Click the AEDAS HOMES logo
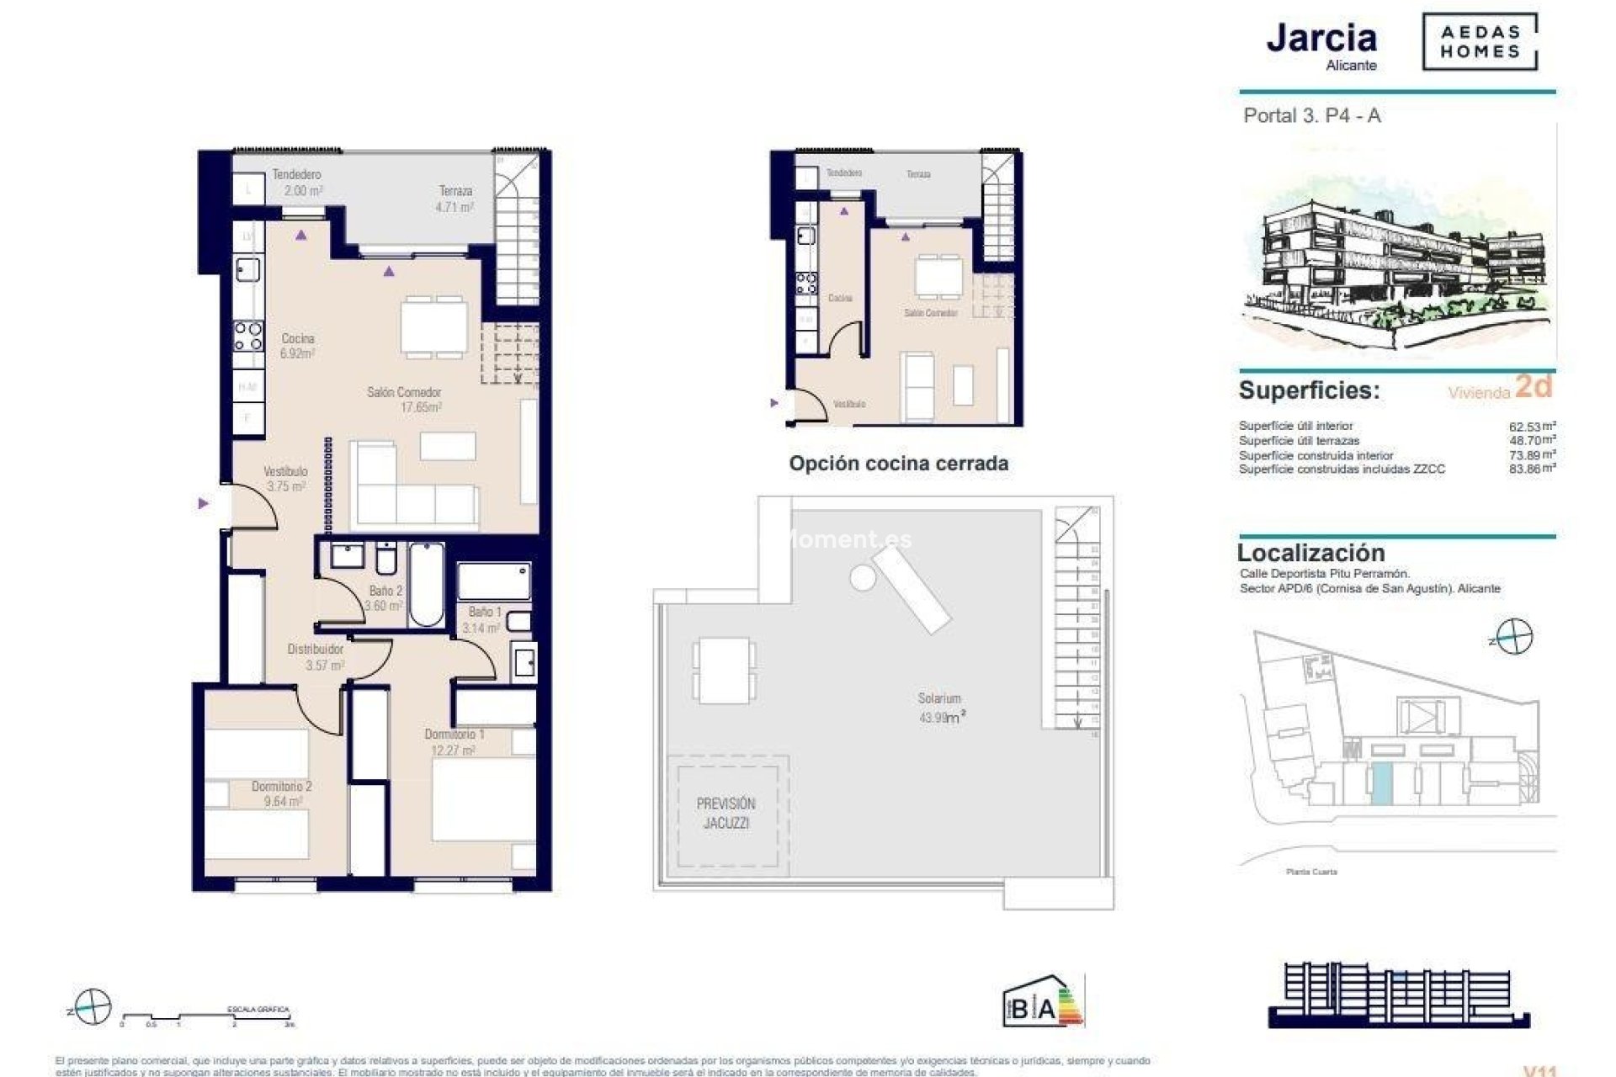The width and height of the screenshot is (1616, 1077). pyautogui.click(x=1479, y=42)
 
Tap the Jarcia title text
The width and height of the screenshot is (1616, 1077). pyautogui.click(x=1321, y=39)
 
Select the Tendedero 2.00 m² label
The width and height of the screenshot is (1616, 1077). pyautogui.click(x=296, y=183)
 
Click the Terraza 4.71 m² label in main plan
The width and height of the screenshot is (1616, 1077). pyautogui.click(x=455, y=199)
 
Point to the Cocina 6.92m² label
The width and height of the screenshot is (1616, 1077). pyautogui.click(x=298, y=346)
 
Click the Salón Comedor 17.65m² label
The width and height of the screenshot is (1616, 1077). pyautogui.click(x=405, y=400)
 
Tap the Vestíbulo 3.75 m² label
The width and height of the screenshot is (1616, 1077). pyautogui.click(x=285, y=479)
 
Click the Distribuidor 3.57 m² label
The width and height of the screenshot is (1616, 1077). pyautogui.click(x=316, y=657)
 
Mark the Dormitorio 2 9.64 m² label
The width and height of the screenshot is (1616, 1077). pyautogui.click(x=282, y=793)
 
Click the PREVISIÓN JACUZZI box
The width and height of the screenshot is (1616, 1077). pyautogui.click(x=726, y=813)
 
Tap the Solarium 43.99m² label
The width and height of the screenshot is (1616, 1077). pyautogui.click(x=940, y=708)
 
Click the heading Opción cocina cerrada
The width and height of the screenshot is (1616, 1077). pyautogui.click(x=898, y=464)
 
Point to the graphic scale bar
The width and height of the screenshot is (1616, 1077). pyautogui.click(x=205, y=1017)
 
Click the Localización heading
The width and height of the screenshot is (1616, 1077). pyautogui.click(x=1310, y=553)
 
